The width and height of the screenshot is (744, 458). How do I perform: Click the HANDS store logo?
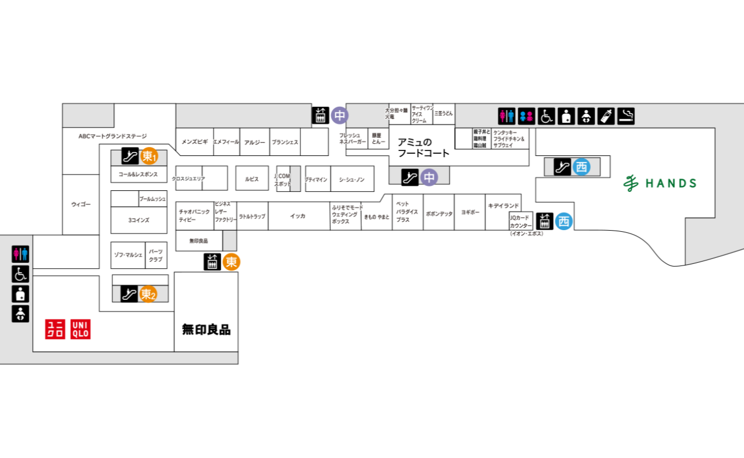(x=660, y=183)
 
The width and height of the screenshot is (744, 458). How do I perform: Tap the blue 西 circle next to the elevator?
(x=564, y=221)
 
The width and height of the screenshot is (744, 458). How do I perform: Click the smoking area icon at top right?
(x=626, y=116)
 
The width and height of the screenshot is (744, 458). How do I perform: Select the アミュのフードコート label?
(x=423, y=148)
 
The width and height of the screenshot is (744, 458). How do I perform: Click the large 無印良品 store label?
(x=206, y=329)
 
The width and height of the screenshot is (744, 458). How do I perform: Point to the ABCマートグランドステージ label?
(x=113, y=136)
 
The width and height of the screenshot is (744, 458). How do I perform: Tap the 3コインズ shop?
(x=138, y=220)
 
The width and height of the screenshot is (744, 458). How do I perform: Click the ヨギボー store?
(x=470, y=212)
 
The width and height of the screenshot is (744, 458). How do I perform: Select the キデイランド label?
(x=503, y=206)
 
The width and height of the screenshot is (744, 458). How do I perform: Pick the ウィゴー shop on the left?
(x=81, y=204)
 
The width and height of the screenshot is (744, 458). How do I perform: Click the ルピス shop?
(x=252, y=179)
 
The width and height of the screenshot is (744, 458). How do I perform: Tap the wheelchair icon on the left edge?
(x=20, y=274)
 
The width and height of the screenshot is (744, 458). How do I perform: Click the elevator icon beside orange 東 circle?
(x=212, y=262)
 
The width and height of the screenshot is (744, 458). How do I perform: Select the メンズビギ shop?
(x=195, y=142)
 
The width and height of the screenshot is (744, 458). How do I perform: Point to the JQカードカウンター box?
(x=521, y=221)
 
